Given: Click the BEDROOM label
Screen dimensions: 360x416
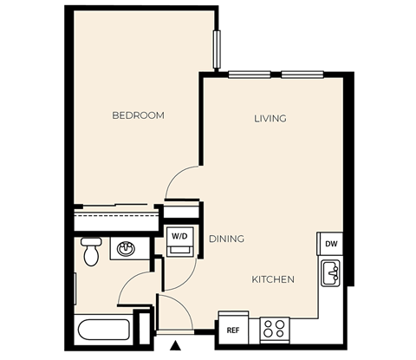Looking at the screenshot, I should [x=138, y=115].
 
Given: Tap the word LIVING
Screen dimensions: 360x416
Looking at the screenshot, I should [x=270, y=118].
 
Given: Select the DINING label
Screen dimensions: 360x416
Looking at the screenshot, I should [x=226, y=239].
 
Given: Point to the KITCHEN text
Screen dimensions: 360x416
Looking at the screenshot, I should [x=273, y=279].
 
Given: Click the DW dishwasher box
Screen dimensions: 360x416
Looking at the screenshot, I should [x=330, y=245].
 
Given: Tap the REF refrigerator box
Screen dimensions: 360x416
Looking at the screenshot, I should [x=232, y=330].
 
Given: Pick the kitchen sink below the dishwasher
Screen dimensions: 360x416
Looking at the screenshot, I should [x=330, y=275].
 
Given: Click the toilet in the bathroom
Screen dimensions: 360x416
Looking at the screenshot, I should [x=91, y=252].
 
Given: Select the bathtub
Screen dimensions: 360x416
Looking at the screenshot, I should [x=103, y=331].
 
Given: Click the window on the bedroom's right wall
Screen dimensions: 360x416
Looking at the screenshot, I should [x=216, y=50].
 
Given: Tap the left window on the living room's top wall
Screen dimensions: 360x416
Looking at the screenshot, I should [x=249, y=75].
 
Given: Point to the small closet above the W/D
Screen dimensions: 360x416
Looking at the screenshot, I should [x=181, y=212].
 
